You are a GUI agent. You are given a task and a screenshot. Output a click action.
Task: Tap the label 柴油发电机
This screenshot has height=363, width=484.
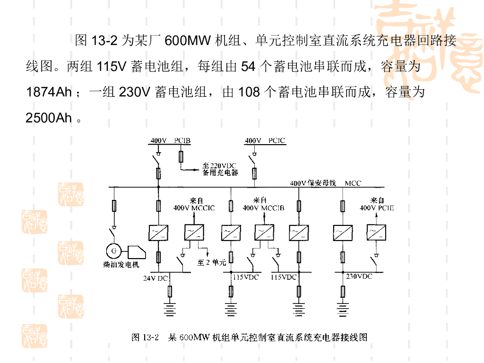[x=121, y=265]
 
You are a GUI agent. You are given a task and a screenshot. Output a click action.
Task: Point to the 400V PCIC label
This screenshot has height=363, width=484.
[x=265, y=140]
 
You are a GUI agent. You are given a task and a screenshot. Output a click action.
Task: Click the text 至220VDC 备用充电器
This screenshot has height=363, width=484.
[x=220, y=169]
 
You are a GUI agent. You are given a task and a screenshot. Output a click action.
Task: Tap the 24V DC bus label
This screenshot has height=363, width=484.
[x=156, y=278]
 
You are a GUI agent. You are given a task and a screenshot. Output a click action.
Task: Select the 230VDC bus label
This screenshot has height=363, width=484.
[x=359, y=276]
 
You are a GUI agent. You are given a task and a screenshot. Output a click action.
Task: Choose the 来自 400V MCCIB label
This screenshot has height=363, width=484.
[x=263, y=204]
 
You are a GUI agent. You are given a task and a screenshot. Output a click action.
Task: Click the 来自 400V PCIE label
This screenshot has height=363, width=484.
[x=377, y=204]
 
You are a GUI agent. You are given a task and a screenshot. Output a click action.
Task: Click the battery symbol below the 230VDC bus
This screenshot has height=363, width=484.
[x=343, y=309]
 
